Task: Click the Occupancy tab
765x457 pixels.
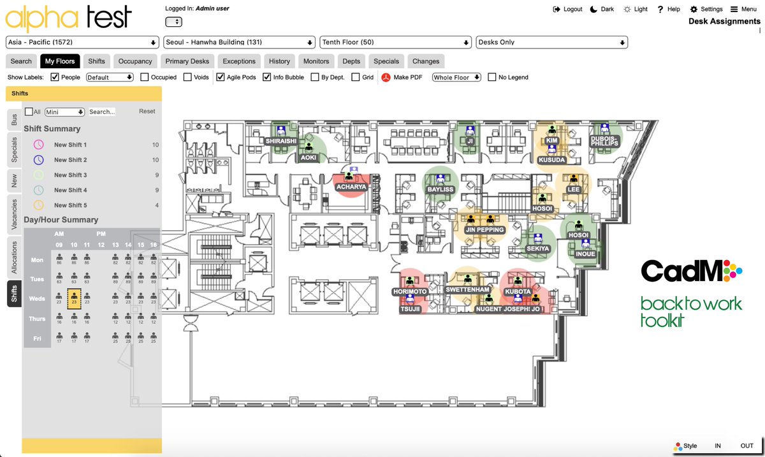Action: click(135, 61)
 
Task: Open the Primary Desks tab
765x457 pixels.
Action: click(187, 61)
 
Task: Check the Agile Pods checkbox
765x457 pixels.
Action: click(221, 77)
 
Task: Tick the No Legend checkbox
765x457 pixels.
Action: click(492, 77)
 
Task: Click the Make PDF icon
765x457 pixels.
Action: click(386, 78)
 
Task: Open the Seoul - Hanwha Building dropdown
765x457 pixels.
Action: click(239, 42)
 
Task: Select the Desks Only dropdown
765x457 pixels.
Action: click(551, 42)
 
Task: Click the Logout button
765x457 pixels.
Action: click(567, 9)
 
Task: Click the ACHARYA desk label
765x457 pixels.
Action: click(351, 187)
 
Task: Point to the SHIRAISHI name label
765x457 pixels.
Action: click(281, 141)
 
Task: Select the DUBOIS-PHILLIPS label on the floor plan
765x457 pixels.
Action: click(604, 140)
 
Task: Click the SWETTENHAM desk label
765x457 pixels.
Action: click(468, 289)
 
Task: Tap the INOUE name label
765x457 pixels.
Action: click(585, 254)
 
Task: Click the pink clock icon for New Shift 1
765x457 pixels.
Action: click(39, 145)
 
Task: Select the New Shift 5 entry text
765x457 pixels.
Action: click(70, 205)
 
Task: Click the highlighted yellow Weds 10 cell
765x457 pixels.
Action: click(74, 298)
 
